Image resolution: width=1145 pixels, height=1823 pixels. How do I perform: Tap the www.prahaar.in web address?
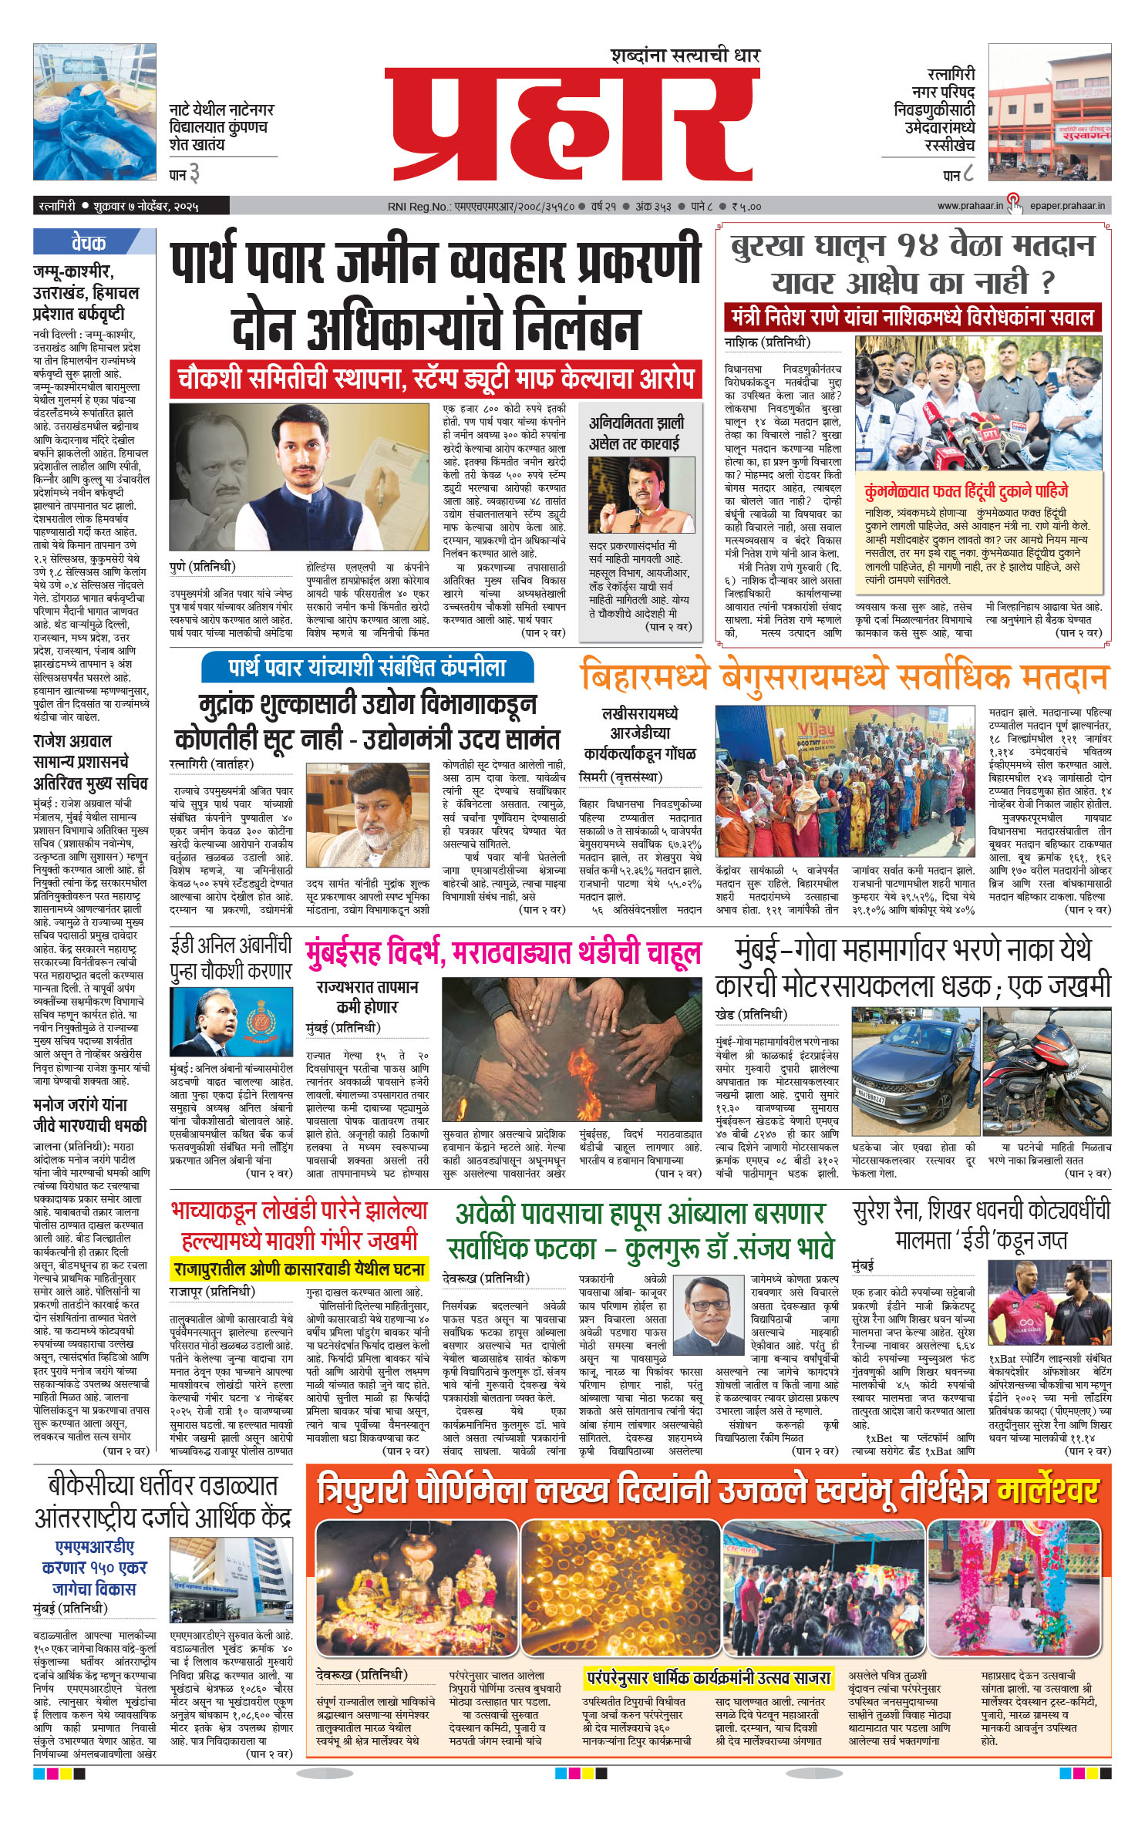point(970,206)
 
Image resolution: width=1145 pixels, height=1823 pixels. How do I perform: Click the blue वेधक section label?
point(89,243)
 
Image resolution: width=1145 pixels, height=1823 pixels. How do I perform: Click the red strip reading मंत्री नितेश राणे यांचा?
point(910,317)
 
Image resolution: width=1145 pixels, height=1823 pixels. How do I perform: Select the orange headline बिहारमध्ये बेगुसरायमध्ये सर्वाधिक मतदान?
point(844,678)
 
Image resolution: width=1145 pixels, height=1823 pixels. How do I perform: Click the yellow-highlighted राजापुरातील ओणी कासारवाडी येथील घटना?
point(299,1269)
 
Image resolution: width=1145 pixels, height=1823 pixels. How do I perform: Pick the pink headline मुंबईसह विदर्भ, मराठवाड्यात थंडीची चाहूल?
point(503,953)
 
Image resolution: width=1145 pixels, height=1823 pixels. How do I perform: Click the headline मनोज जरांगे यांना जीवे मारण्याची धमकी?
point(90,1115)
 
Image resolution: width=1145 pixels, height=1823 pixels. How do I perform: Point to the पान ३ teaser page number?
point(184,175)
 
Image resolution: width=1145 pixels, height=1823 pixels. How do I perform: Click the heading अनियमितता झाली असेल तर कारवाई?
point(635,433)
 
